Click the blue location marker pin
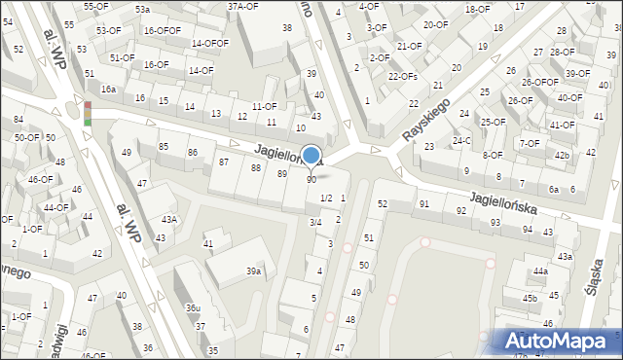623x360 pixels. (x=311, y=155)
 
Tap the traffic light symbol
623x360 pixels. (x=87, y=113)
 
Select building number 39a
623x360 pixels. (x=253, y=270)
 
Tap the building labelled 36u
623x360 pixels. (x=194, y=307)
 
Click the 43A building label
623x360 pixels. (x=169, y=220)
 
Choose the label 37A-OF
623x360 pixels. (x=242, y=6)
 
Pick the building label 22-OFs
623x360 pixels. (x=402, y=76)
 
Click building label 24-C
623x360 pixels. (x=459, y=140)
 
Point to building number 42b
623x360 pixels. (x=562, y=155)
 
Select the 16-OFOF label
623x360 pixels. (x=163, y=30)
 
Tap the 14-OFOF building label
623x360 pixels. (x=210, y=43)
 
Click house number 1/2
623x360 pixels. (x=326, y=198)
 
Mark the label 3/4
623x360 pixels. (x=314, y=223)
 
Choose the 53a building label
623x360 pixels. (x=142, y=9)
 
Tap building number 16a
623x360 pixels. (x=108, y=89)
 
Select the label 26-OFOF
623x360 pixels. (x=539, y=82)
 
